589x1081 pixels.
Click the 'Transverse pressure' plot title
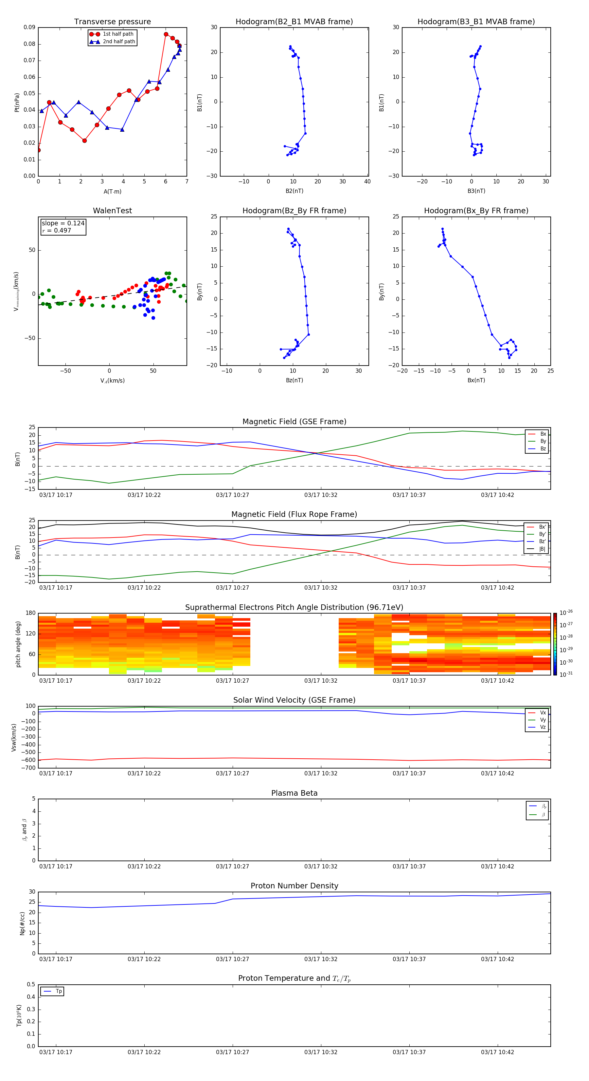112,22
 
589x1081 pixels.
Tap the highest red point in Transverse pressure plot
166,34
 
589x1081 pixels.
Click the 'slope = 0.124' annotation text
63,223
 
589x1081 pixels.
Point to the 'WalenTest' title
112,211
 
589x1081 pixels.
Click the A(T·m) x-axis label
112,192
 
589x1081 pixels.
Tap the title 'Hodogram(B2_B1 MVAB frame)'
294,22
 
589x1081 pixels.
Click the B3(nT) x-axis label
476,191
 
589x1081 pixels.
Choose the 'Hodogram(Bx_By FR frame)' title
476,211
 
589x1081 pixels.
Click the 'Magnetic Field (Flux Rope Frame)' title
294,515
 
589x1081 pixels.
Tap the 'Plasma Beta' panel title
294,793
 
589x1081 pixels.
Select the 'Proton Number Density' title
294,886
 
